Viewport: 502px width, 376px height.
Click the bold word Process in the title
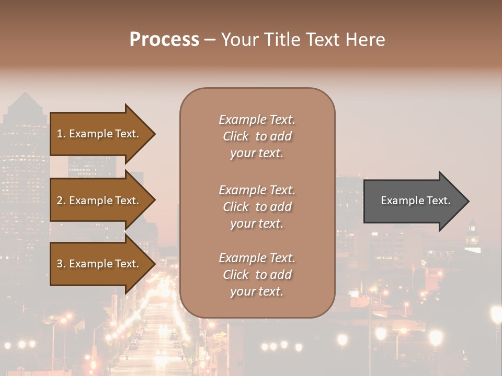[164, 40]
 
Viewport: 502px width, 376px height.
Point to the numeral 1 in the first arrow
[60, 134]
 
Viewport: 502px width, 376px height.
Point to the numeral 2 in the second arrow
[60, 201]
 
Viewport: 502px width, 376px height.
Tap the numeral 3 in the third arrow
[60, 264]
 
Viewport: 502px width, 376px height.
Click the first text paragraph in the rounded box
[257, 136]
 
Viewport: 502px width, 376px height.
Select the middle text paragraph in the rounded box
[257, 207]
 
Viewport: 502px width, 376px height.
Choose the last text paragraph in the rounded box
[257, 275]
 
